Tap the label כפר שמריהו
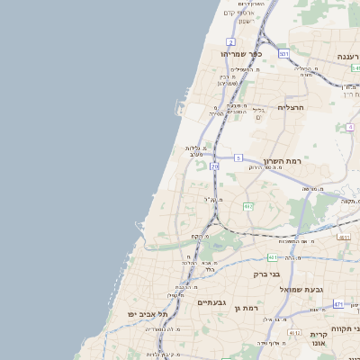pos(241,54)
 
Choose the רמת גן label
pos(247,309)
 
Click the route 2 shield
pos(231,42)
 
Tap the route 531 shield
pos(283,54)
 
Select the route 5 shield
pos(238,157)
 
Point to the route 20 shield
pos(214,166)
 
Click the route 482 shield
pos(247,206)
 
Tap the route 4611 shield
pos(343,237)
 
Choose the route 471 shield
pos(338,304)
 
